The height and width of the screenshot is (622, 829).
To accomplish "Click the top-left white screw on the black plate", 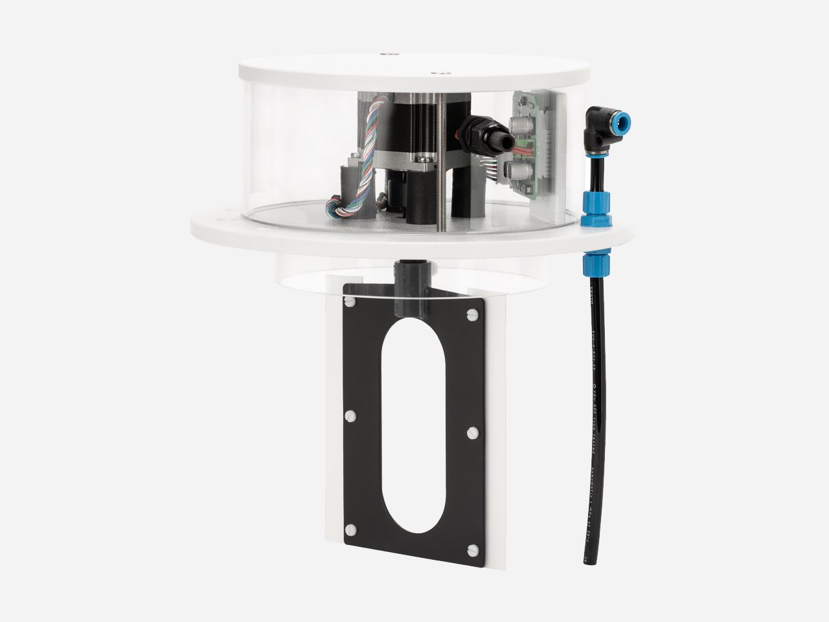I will pos(350,302).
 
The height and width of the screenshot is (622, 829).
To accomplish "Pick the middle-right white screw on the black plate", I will pos(471,431).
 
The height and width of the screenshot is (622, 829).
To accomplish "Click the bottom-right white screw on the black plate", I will pos(471,551).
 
